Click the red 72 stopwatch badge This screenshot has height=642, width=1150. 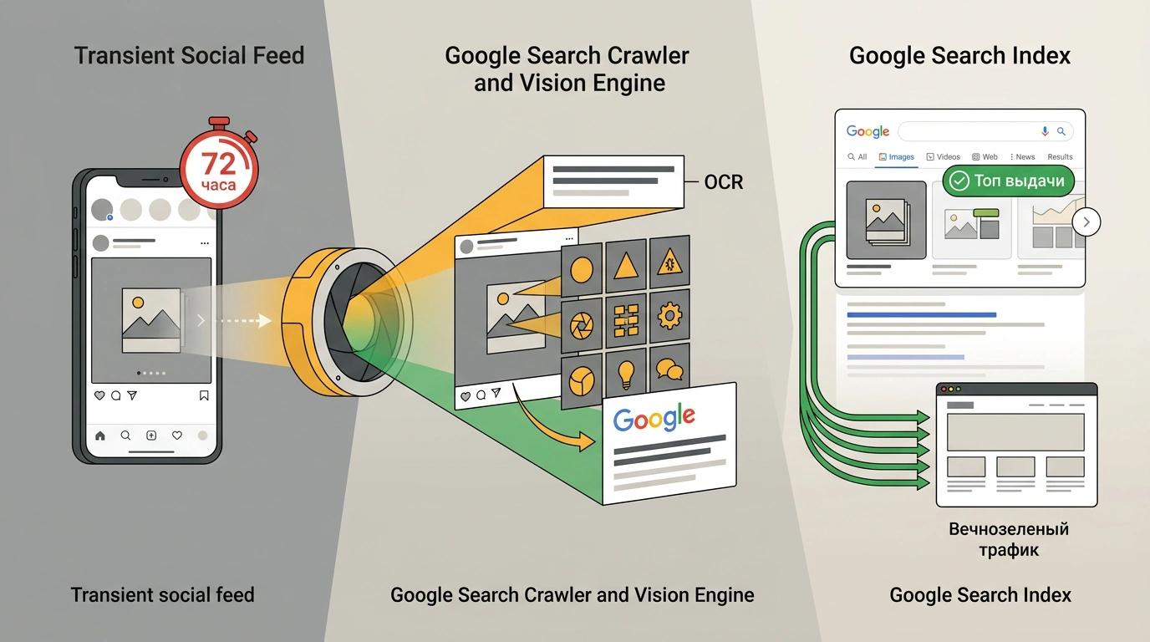219,170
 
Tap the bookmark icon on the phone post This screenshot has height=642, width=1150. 204,395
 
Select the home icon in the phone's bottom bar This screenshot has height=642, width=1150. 100,436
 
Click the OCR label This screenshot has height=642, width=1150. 724,181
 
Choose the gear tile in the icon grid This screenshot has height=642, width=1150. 669,315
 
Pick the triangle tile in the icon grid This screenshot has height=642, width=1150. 626,266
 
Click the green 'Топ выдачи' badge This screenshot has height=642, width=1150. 1008,181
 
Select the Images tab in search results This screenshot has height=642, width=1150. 897,156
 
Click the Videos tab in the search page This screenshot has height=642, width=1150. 943,156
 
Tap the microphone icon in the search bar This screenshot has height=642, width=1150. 1044,131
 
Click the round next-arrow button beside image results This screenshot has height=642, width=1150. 1086,222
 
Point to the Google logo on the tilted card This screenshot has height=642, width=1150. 654,419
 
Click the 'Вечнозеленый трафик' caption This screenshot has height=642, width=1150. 1009,539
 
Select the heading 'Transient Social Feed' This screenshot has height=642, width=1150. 190,55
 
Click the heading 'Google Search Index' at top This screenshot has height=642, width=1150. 959,55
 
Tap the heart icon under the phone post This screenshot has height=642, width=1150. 99,395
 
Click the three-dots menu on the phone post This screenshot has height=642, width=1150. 205,243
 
